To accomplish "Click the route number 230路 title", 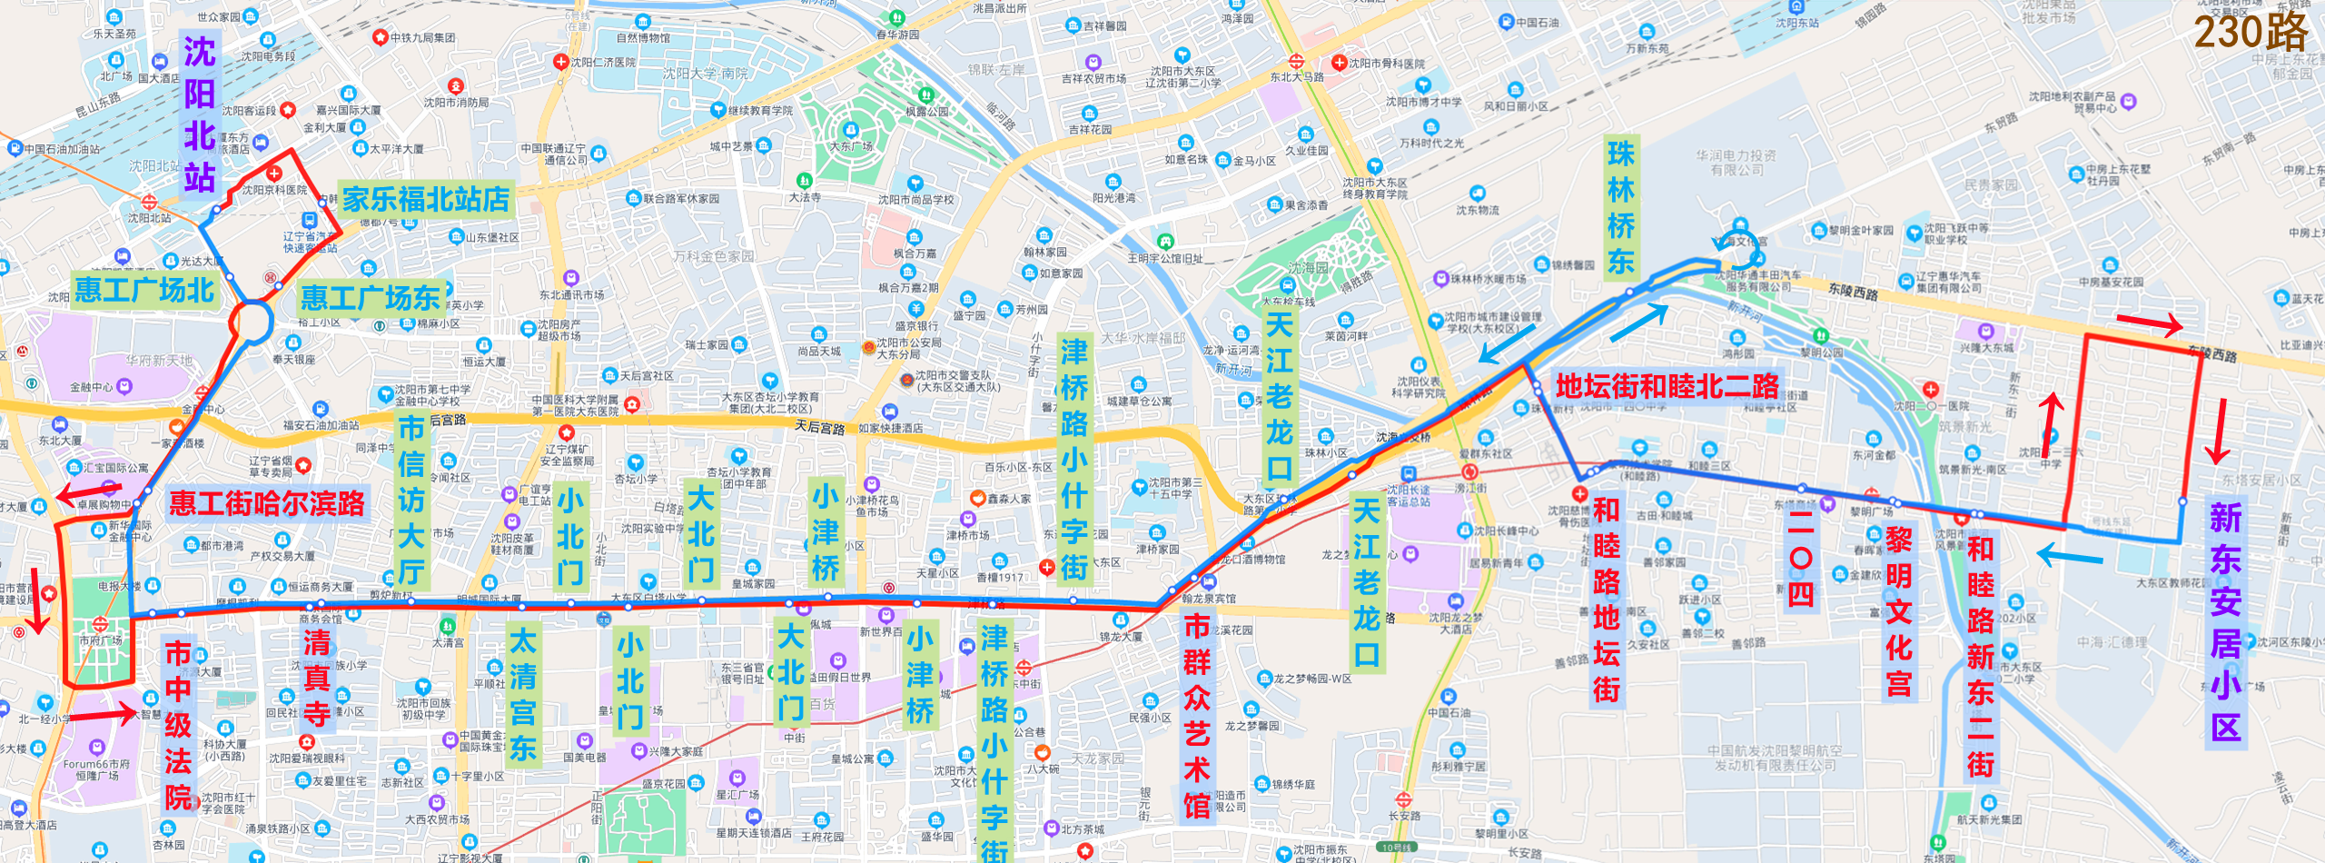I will click(2251, 33).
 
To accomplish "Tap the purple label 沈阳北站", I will click(200, 114).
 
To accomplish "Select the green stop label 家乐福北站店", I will click(425, 199).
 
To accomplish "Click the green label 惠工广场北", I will click(143, 290).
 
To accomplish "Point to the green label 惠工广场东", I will click(370, 297).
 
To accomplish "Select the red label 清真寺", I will click(316, 679).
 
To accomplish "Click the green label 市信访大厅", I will click(411, 500).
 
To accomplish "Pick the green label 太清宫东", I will click(522, 695).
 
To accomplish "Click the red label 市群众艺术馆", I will click(1197, 716).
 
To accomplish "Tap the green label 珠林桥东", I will click(1621, 208).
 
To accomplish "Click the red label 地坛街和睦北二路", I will click(1667, 386).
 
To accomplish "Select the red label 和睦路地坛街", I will click(1606, 600).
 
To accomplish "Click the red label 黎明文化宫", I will click(1898, 611).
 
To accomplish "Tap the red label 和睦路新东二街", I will click(1980, 656).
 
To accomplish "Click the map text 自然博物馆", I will click(643, 38).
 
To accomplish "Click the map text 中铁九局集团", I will click(422, 37).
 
